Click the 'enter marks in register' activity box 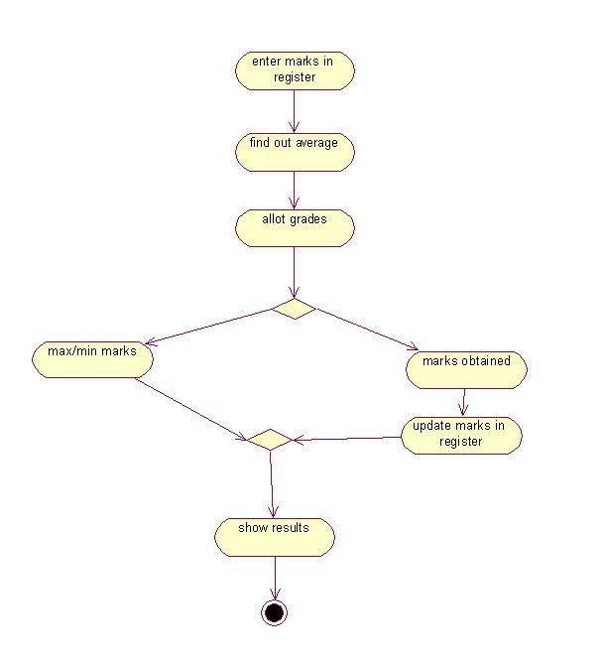point(295,70)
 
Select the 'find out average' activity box point(295,151)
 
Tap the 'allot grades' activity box point(295,227)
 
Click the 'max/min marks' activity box point(92,358)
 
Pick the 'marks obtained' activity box point(466,368)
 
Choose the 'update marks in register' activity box point(461,435)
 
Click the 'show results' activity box point(275,536)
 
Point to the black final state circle point(274,612)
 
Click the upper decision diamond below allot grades point(294,310)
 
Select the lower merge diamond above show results point(269,439)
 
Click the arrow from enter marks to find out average point(295,110)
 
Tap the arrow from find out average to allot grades point(295,190)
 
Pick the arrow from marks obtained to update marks point(463,401)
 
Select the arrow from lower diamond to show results point(271,483)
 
